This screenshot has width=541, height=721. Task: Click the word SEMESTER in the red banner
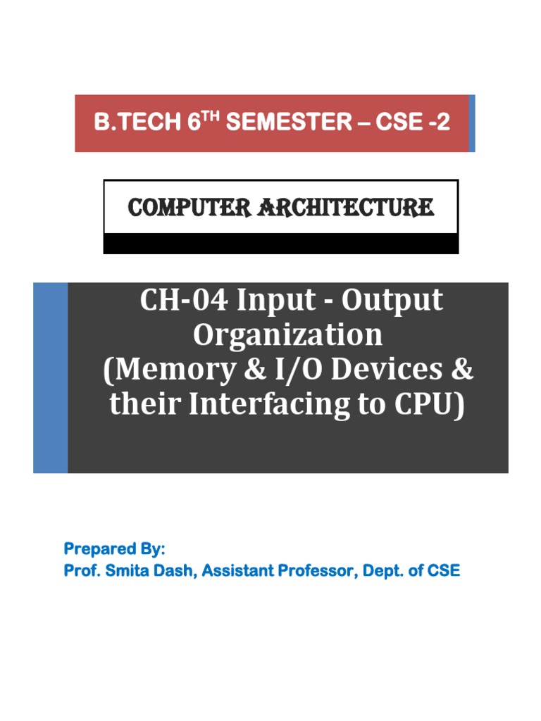(288, 123)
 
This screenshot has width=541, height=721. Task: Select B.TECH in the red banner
(137, 123)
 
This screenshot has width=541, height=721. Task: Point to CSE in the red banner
(399, 123)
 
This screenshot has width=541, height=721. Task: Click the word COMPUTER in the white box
(189, 208)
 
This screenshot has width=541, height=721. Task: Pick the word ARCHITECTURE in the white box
(345, 208)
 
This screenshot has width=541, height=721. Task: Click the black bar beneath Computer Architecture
(281, 243)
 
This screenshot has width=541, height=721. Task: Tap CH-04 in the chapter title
(184, 300)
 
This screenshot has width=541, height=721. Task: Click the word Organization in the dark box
(287, 336)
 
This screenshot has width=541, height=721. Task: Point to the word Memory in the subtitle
(175, 370)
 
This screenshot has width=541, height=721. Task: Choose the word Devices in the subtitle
(387, 369)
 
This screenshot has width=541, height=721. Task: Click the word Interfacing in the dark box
(269, 405)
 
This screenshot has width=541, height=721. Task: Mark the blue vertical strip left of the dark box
(51, 378)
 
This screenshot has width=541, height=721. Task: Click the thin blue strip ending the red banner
(471, 123)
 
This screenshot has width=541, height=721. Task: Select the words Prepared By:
(115, 549)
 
